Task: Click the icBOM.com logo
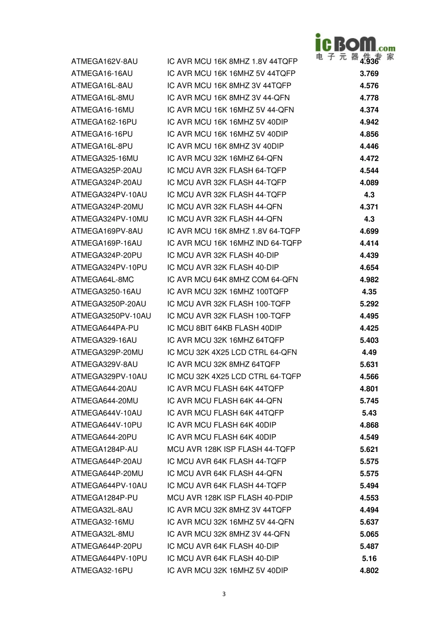pyautogui.click(x=355, y=47)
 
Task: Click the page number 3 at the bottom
pyautogui.click(x=224, y=594)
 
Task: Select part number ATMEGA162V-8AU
pyautogui.click(x=104, y=61)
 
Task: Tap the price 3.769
pyautogui.click(x=369, y=74)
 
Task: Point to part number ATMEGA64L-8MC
pyautogui.click(x=102, y=280)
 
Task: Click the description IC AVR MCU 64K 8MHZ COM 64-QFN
pyautogui.click(x=232, y=280)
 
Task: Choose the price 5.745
pyautogui.click(x=369, y=401)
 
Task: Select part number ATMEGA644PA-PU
pyautogui.click(x=105, y=328)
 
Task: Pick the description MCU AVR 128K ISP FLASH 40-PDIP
pyautogui.click(x=230, y=498)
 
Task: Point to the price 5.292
pyautogui.click(x=369, y=304)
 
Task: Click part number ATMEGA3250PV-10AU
pyautogui.click(x=111, y=316)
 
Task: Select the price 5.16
pyautogui.click(x=369, y=559)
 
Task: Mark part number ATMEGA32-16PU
pyautogui.click(x=102, y=571)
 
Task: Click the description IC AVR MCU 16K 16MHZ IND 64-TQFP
pyautogui.click(x=234, y=243)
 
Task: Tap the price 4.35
pyautogui.click(x=369, y=292)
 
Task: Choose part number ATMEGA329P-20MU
pyautogui.click(x=107, y=352)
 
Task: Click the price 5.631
pyautogui.click(x=369, y=365)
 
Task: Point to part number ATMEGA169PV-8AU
pyautogui.click(x=107, y=231)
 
